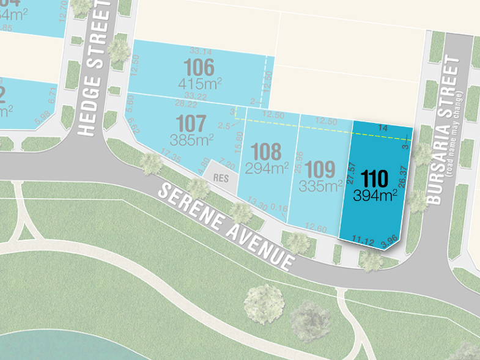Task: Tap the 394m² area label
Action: (375, 195)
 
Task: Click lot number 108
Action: (265, 150)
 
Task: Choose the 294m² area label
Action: (267, 167)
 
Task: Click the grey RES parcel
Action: (220, 178)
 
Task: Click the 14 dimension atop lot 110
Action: (383, 128)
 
